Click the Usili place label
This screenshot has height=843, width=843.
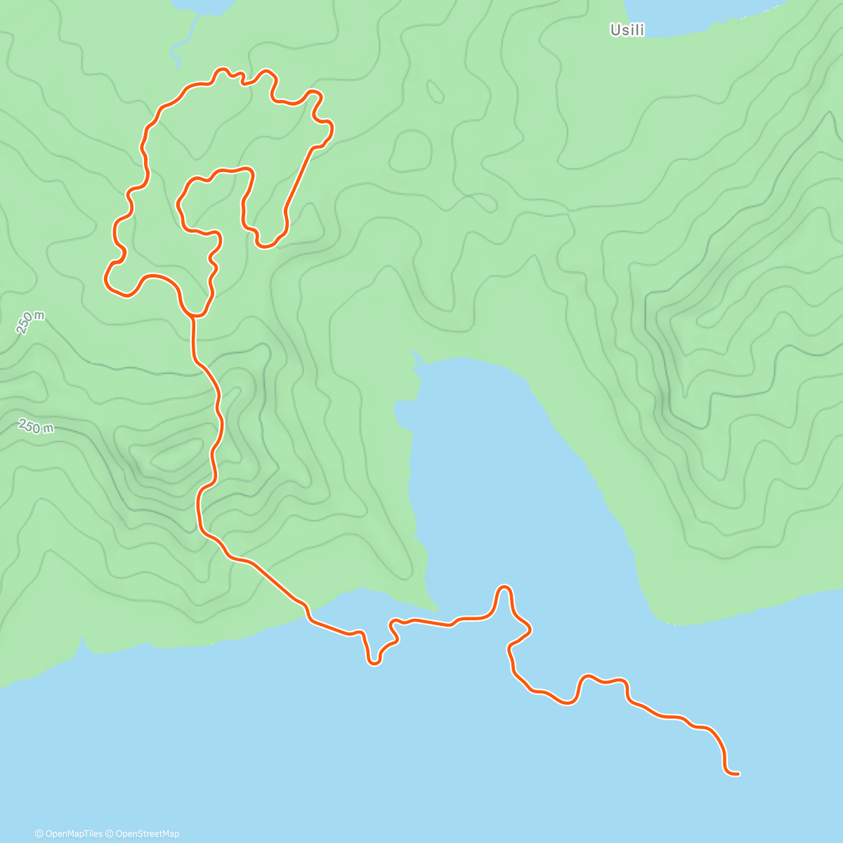(x=627, y=30)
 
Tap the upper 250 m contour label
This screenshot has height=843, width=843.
(x=30, y=322)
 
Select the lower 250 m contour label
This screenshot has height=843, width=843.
(x=36, y=426)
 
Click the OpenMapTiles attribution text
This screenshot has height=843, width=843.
(x=74, y=834)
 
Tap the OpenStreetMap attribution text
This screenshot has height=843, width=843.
(x=146, y=834)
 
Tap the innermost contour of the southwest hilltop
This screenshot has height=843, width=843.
(x=172, y=457)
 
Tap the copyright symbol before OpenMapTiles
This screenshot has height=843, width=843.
(x=39, y=834)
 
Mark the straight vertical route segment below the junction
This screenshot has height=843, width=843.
(x=193, y=341)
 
